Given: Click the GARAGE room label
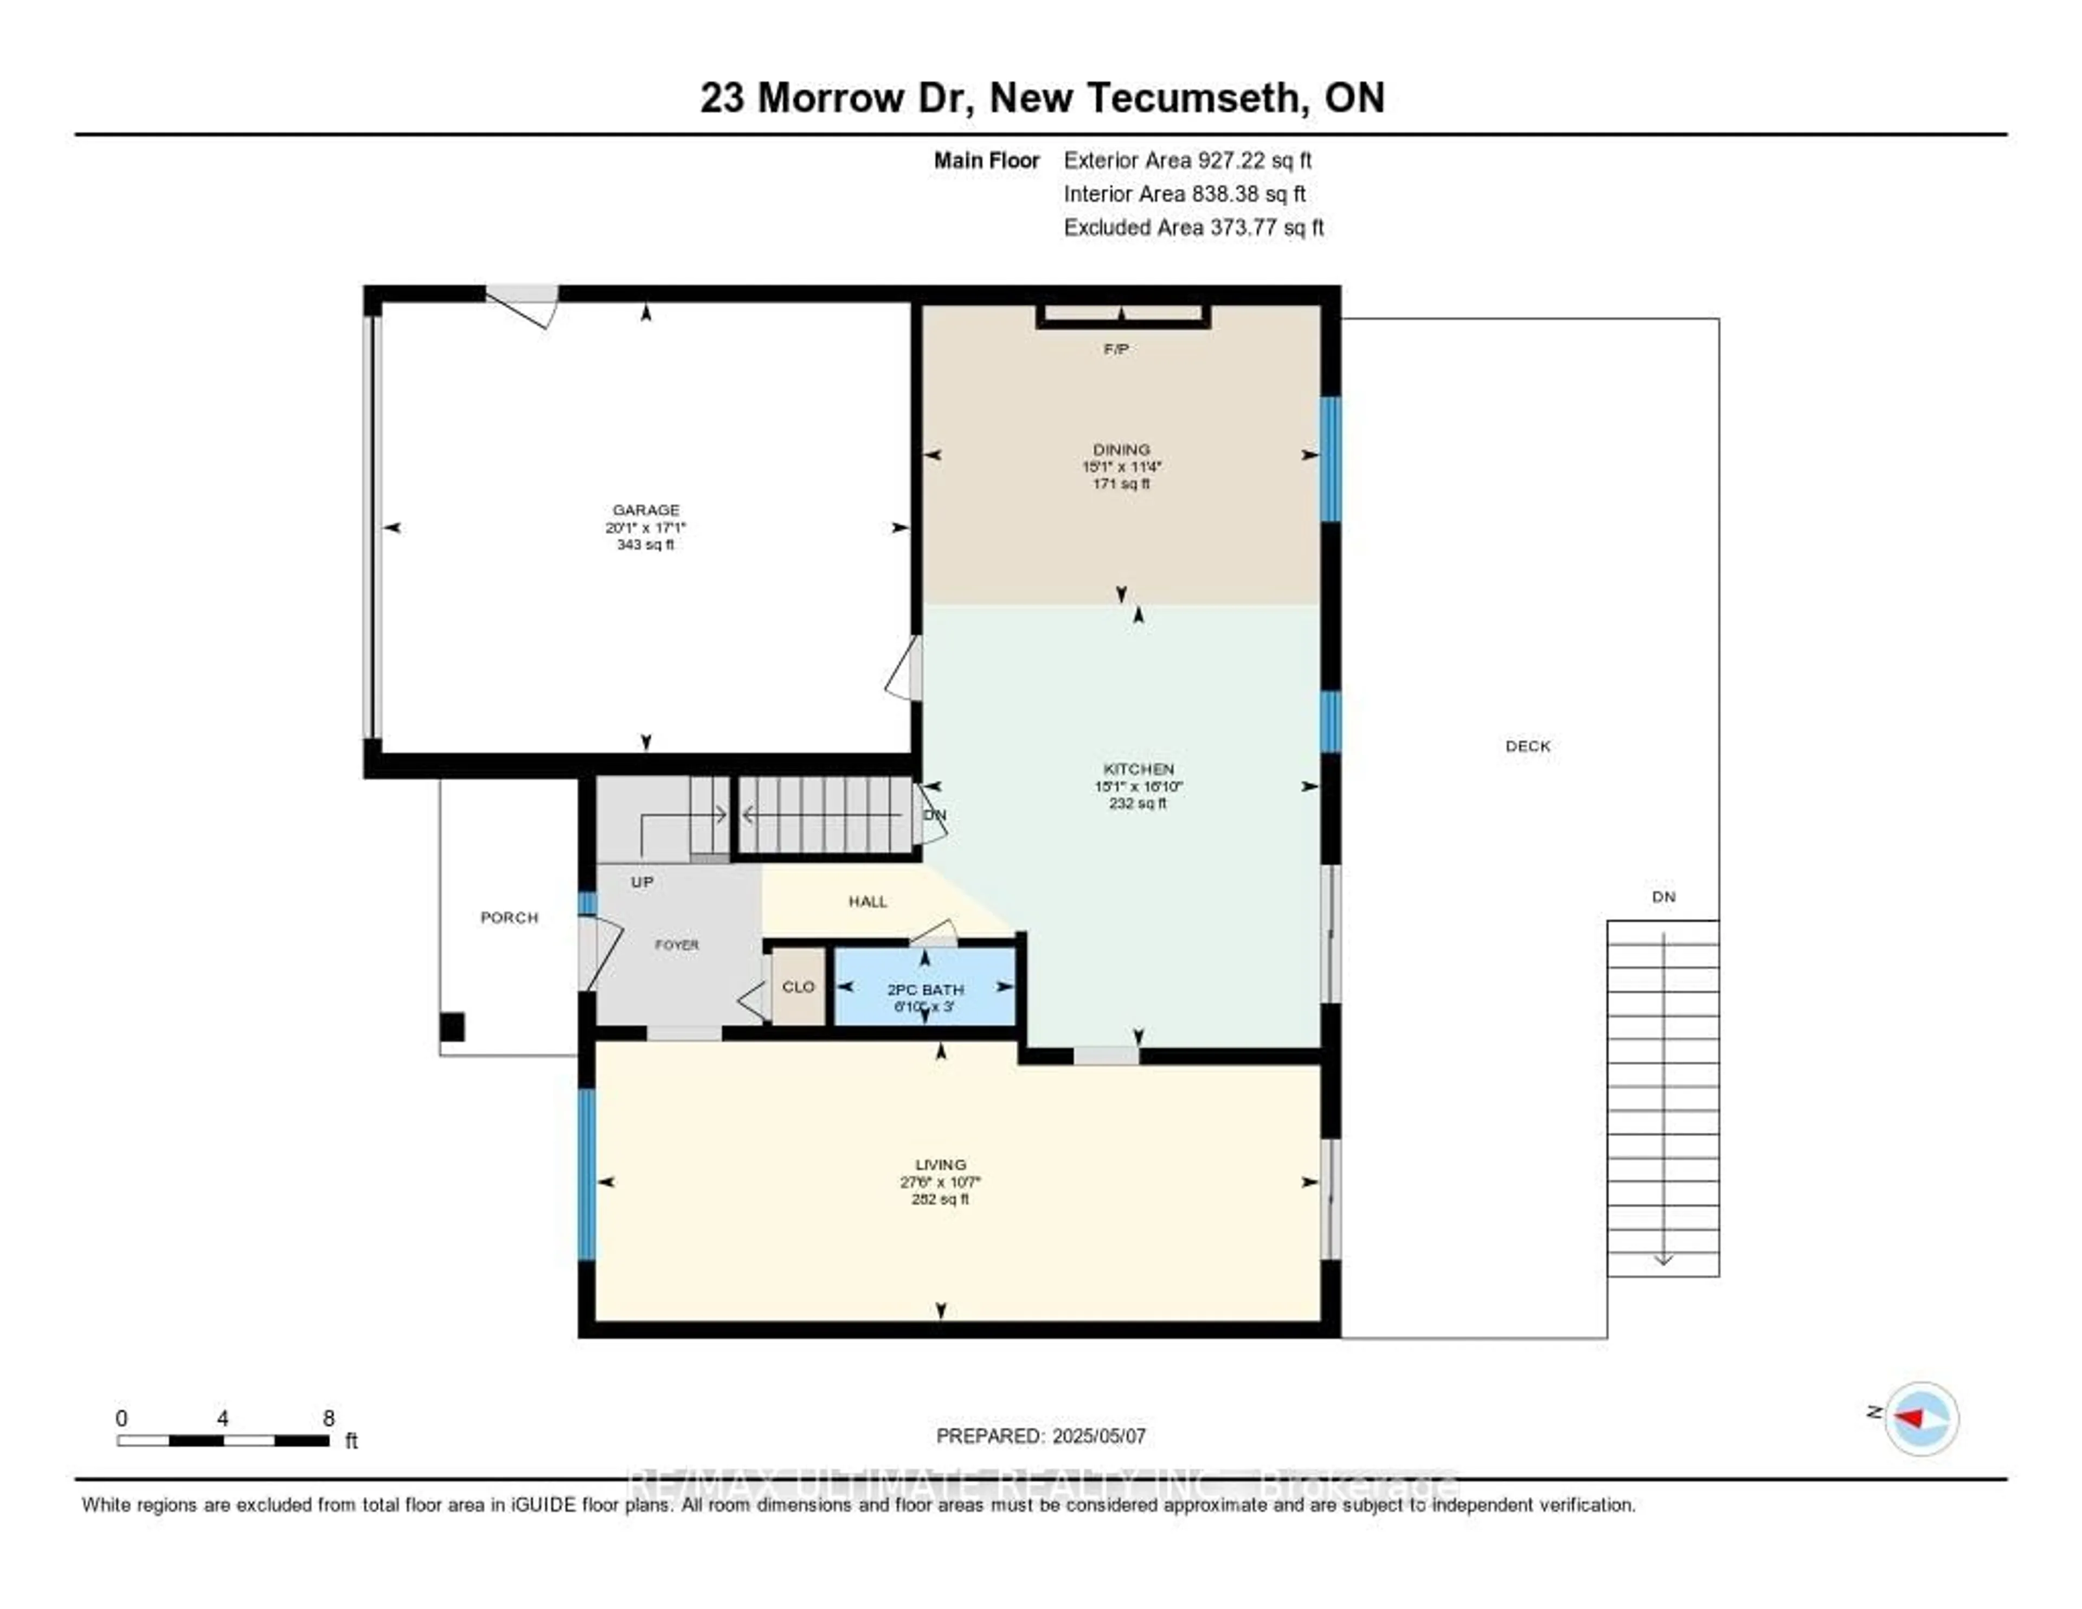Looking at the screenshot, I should [x=645, y=510].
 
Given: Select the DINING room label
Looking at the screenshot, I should [x=1121, y=449].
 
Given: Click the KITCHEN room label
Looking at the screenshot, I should [x=1138, y=769].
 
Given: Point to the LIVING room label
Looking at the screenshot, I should [x=940, y=1165].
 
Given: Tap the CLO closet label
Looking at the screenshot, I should [x=798, y=986].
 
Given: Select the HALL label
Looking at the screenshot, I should [x=868, y=901].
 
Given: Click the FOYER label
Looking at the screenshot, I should [x=677, y=944].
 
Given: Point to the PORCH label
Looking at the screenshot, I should [x=509, y=917].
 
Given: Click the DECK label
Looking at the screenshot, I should [x=1527, y=746].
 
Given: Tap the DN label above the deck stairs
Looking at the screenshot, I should [x=1663, y=897].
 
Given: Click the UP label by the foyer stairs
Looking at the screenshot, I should [x=641, y=882].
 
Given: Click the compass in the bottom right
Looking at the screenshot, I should [x=1921, y=1418].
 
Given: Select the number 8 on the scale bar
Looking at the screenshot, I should [x=329, y=1418].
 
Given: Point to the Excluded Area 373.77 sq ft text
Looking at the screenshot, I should [x=1193, y=227].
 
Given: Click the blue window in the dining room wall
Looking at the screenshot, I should [x=1330, y=459].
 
